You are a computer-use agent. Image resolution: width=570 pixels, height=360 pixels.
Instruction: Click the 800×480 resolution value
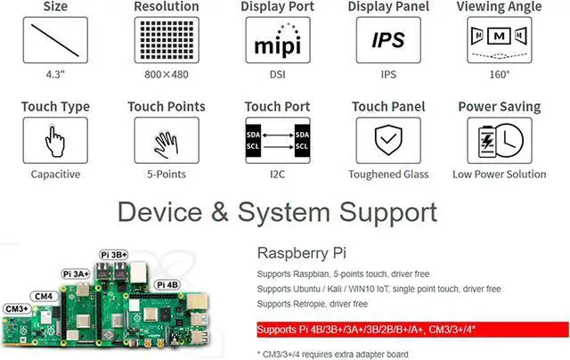click(167, 76)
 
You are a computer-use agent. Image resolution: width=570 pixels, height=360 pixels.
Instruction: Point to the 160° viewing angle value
click(499, 76)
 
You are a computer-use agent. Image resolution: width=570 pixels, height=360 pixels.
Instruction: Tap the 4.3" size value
click(56, 76)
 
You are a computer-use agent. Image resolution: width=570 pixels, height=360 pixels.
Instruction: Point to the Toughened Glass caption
click(387, 175)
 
